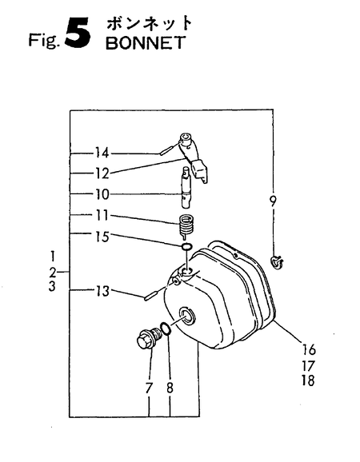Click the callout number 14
[102, 153]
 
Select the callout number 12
[102, 173]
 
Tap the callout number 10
[102, 194]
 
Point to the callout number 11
[102, 216]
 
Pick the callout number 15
[102, 237]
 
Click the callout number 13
[102, 291]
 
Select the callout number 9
[273, 201]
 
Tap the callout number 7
[149, 388]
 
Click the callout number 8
[170, 388]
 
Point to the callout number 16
[309, 350]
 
